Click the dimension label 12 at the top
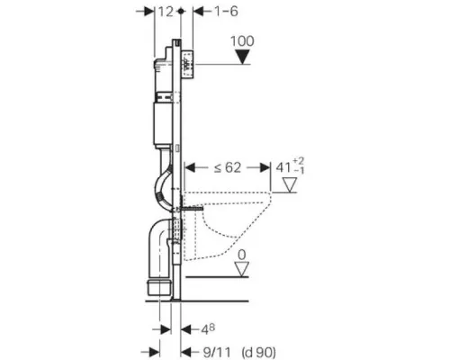tap(166, 12)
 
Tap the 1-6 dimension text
tap(226, 12)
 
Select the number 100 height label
tap(242, 41)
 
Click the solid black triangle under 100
tap(242, 57)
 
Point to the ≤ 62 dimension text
tap(228, 167)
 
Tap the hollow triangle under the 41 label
tap(290, 184)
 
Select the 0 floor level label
tap(242, 255)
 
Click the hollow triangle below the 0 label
tap(242, 269)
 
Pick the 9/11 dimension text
tap(217, 352)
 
